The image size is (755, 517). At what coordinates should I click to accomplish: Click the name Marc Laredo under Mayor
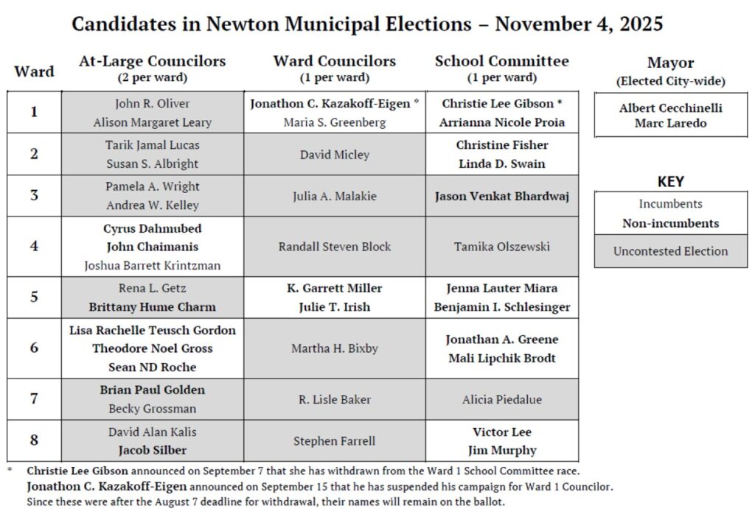[670, 123]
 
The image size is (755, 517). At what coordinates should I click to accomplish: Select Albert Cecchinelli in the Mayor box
[670, 108]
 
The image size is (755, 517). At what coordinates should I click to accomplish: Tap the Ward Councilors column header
[334, 62]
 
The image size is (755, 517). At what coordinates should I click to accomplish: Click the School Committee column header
[501, 62]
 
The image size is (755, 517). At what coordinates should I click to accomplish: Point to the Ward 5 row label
[34, 298]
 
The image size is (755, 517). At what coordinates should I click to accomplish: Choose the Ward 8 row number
[34, 440]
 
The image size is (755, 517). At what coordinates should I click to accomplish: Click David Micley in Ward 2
[334, 155]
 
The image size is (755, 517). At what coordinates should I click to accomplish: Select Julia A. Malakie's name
[334, 196]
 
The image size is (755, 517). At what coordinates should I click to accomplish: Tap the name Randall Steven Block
[334, 247]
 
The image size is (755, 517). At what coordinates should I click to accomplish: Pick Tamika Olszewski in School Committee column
[501, 247]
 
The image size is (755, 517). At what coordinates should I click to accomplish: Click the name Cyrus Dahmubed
[152, 228]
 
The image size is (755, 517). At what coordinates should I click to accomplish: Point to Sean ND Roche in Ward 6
[152, 367]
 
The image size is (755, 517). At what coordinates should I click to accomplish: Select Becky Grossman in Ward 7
[152, 409]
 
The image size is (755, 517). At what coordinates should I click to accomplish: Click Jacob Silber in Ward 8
[152, 450]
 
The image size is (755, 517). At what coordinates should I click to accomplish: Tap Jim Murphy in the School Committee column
[501, 450]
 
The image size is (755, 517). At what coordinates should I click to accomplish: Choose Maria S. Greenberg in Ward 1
[334, 122]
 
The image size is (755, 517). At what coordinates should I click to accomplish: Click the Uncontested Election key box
[670, 251]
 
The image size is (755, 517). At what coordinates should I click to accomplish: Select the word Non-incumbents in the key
[670, 223]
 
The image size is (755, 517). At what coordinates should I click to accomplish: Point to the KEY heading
[670, 181]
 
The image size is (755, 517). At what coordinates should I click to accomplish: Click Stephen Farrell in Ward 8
[334, 441]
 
